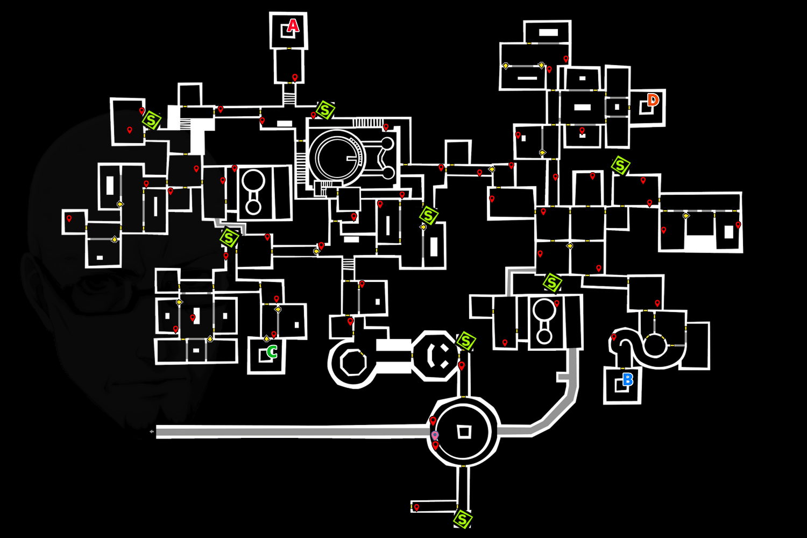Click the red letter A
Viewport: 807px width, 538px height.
pyautogui.click(x=293, y=26)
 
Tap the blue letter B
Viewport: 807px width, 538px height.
pyautogui.click(x=627, y=380)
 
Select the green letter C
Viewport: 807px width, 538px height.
pyautogui.click(x=272, y=352)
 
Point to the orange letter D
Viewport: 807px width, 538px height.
pyautogui.click(x=653, y=100)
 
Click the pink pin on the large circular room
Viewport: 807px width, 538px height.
pyautogui.click(x=435, y=435)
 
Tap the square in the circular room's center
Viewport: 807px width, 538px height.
pyautogui.click(x=464, y=431)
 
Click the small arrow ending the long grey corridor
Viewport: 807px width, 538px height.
pyautogui.click(x=152, y=431)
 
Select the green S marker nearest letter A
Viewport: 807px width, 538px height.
pyautogui.click(x=325, y=110)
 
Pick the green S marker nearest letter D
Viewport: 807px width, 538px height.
pyautogui.click(x=620, y=166)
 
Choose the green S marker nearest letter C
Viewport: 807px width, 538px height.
pyautogui.click(x=229, y=238)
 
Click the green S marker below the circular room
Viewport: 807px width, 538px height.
pyautogui.click(x=462, y=520)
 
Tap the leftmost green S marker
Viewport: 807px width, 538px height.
pyautogui.click(x=152, y=121)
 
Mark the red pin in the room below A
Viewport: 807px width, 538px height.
pyautogui.click(x=295, y=78)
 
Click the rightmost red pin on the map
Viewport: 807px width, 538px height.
pyautogui.click(x=738, y=225)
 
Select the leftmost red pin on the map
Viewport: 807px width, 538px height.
pyautogui.click(x=69, y=219)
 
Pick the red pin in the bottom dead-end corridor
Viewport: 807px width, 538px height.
pyautogui.click(x=416, y=507)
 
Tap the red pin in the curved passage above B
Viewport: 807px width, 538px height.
pyautogui.click(x=614, y=337)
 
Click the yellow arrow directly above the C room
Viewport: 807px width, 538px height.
pyautogui.click(x=266, y=338)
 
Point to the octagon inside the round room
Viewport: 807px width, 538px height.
pyautogui.click(x=353, y=362)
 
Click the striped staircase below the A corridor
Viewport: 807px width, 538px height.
pyautogui.click(x=289, y=99)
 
